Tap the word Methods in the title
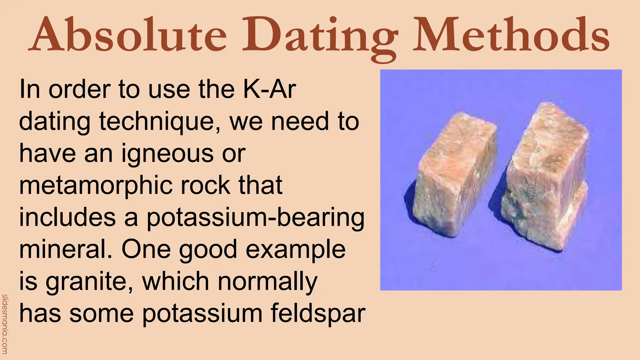coord(511,34)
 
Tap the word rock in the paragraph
coord(207,185)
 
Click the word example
coord(296,250)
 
